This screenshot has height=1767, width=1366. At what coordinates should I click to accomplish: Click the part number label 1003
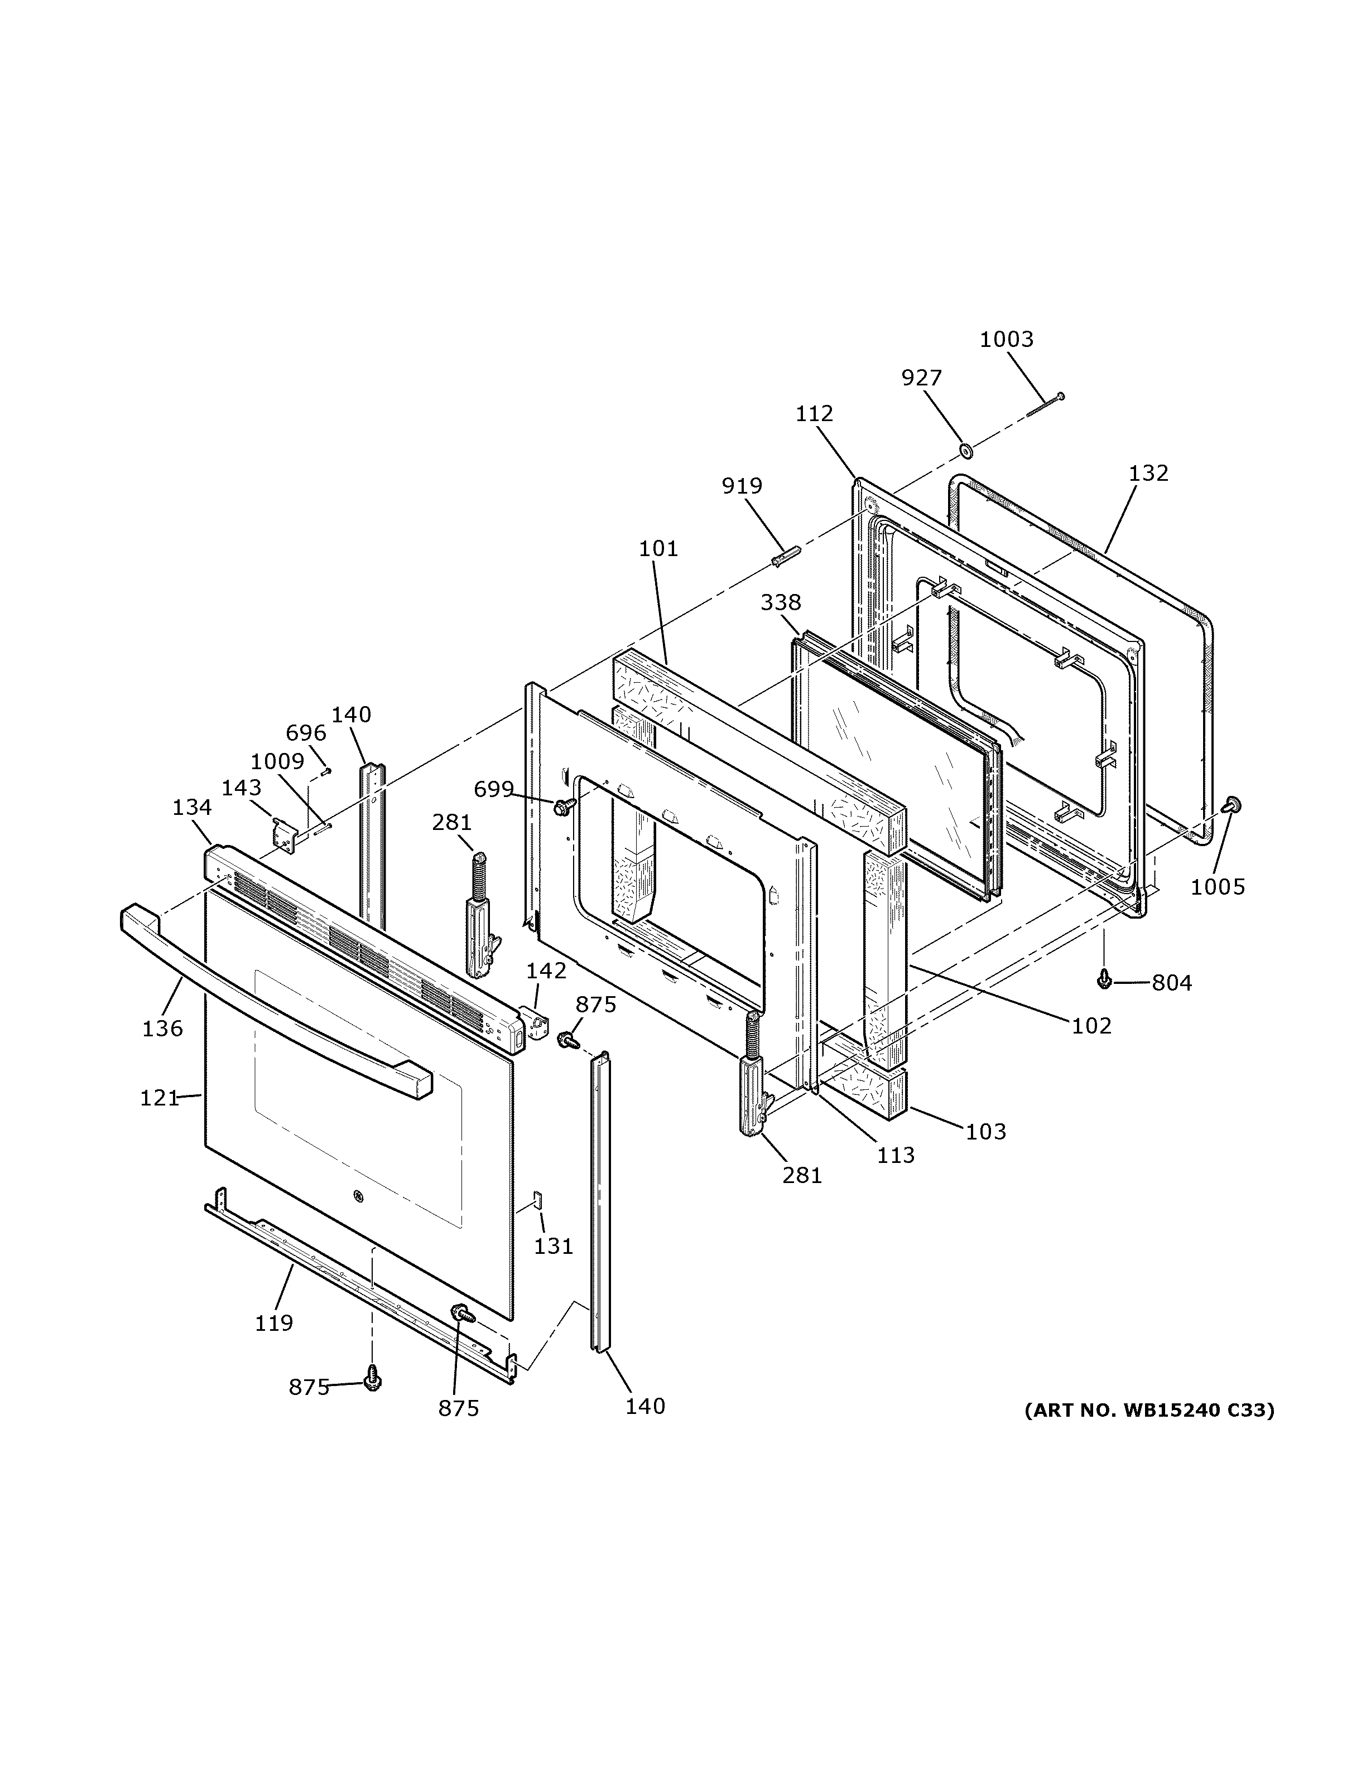[x=1006, y=339]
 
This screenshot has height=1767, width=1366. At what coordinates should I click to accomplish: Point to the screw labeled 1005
[x=1233, y=804]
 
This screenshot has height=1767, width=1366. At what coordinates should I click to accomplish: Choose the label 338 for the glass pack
[x=780, y=602]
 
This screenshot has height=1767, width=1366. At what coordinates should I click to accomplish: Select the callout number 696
[x=305, y=733]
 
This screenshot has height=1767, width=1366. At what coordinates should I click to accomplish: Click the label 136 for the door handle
[x=162, y=1029]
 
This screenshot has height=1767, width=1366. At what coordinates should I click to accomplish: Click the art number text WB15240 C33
[x=1148, y=1410]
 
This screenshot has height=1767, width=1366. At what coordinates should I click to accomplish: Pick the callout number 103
[x=985, y=1131]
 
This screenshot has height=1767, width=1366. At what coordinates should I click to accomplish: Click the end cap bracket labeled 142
[x=533, y=1023]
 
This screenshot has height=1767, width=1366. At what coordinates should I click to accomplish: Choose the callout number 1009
[x=277, y=761]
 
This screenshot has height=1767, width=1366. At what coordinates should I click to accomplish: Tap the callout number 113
[x=895, y=1155]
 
